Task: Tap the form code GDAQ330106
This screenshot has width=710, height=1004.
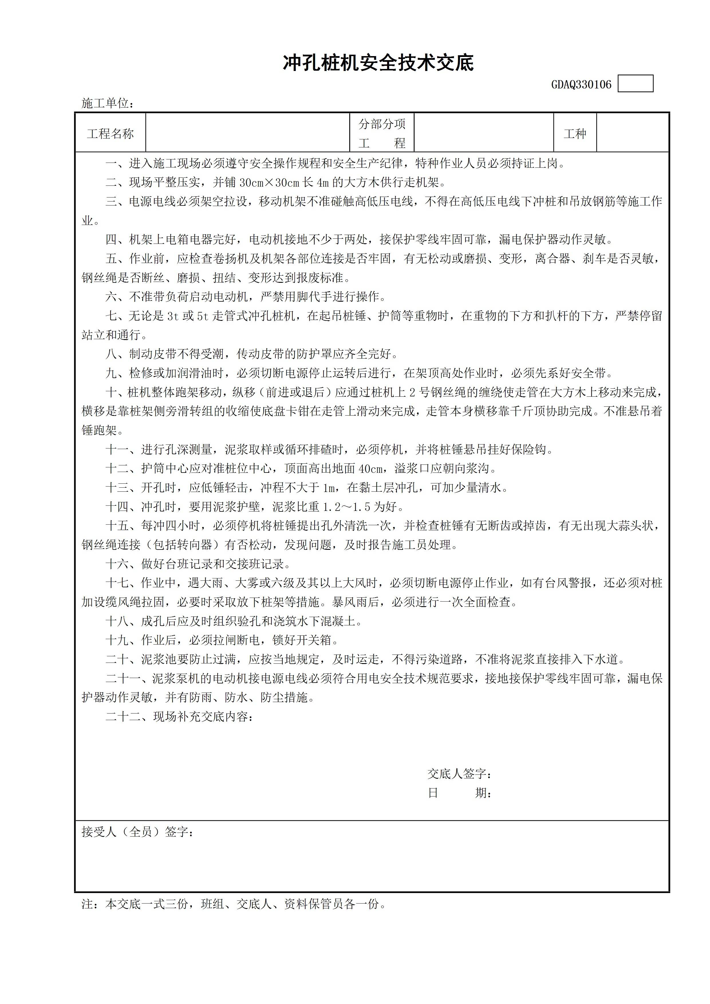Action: pos(581,84)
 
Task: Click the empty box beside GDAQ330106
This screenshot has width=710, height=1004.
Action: pos(635,84)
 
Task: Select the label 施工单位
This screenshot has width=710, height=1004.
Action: pos(105,103)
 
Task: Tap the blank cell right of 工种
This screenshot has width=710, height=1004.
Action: pos(633,133)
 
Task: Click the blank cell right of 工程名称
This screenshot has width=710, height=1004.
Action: pos(248,133)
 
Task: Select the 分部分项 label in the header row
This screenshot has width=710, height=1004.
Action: pos(382,124)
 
